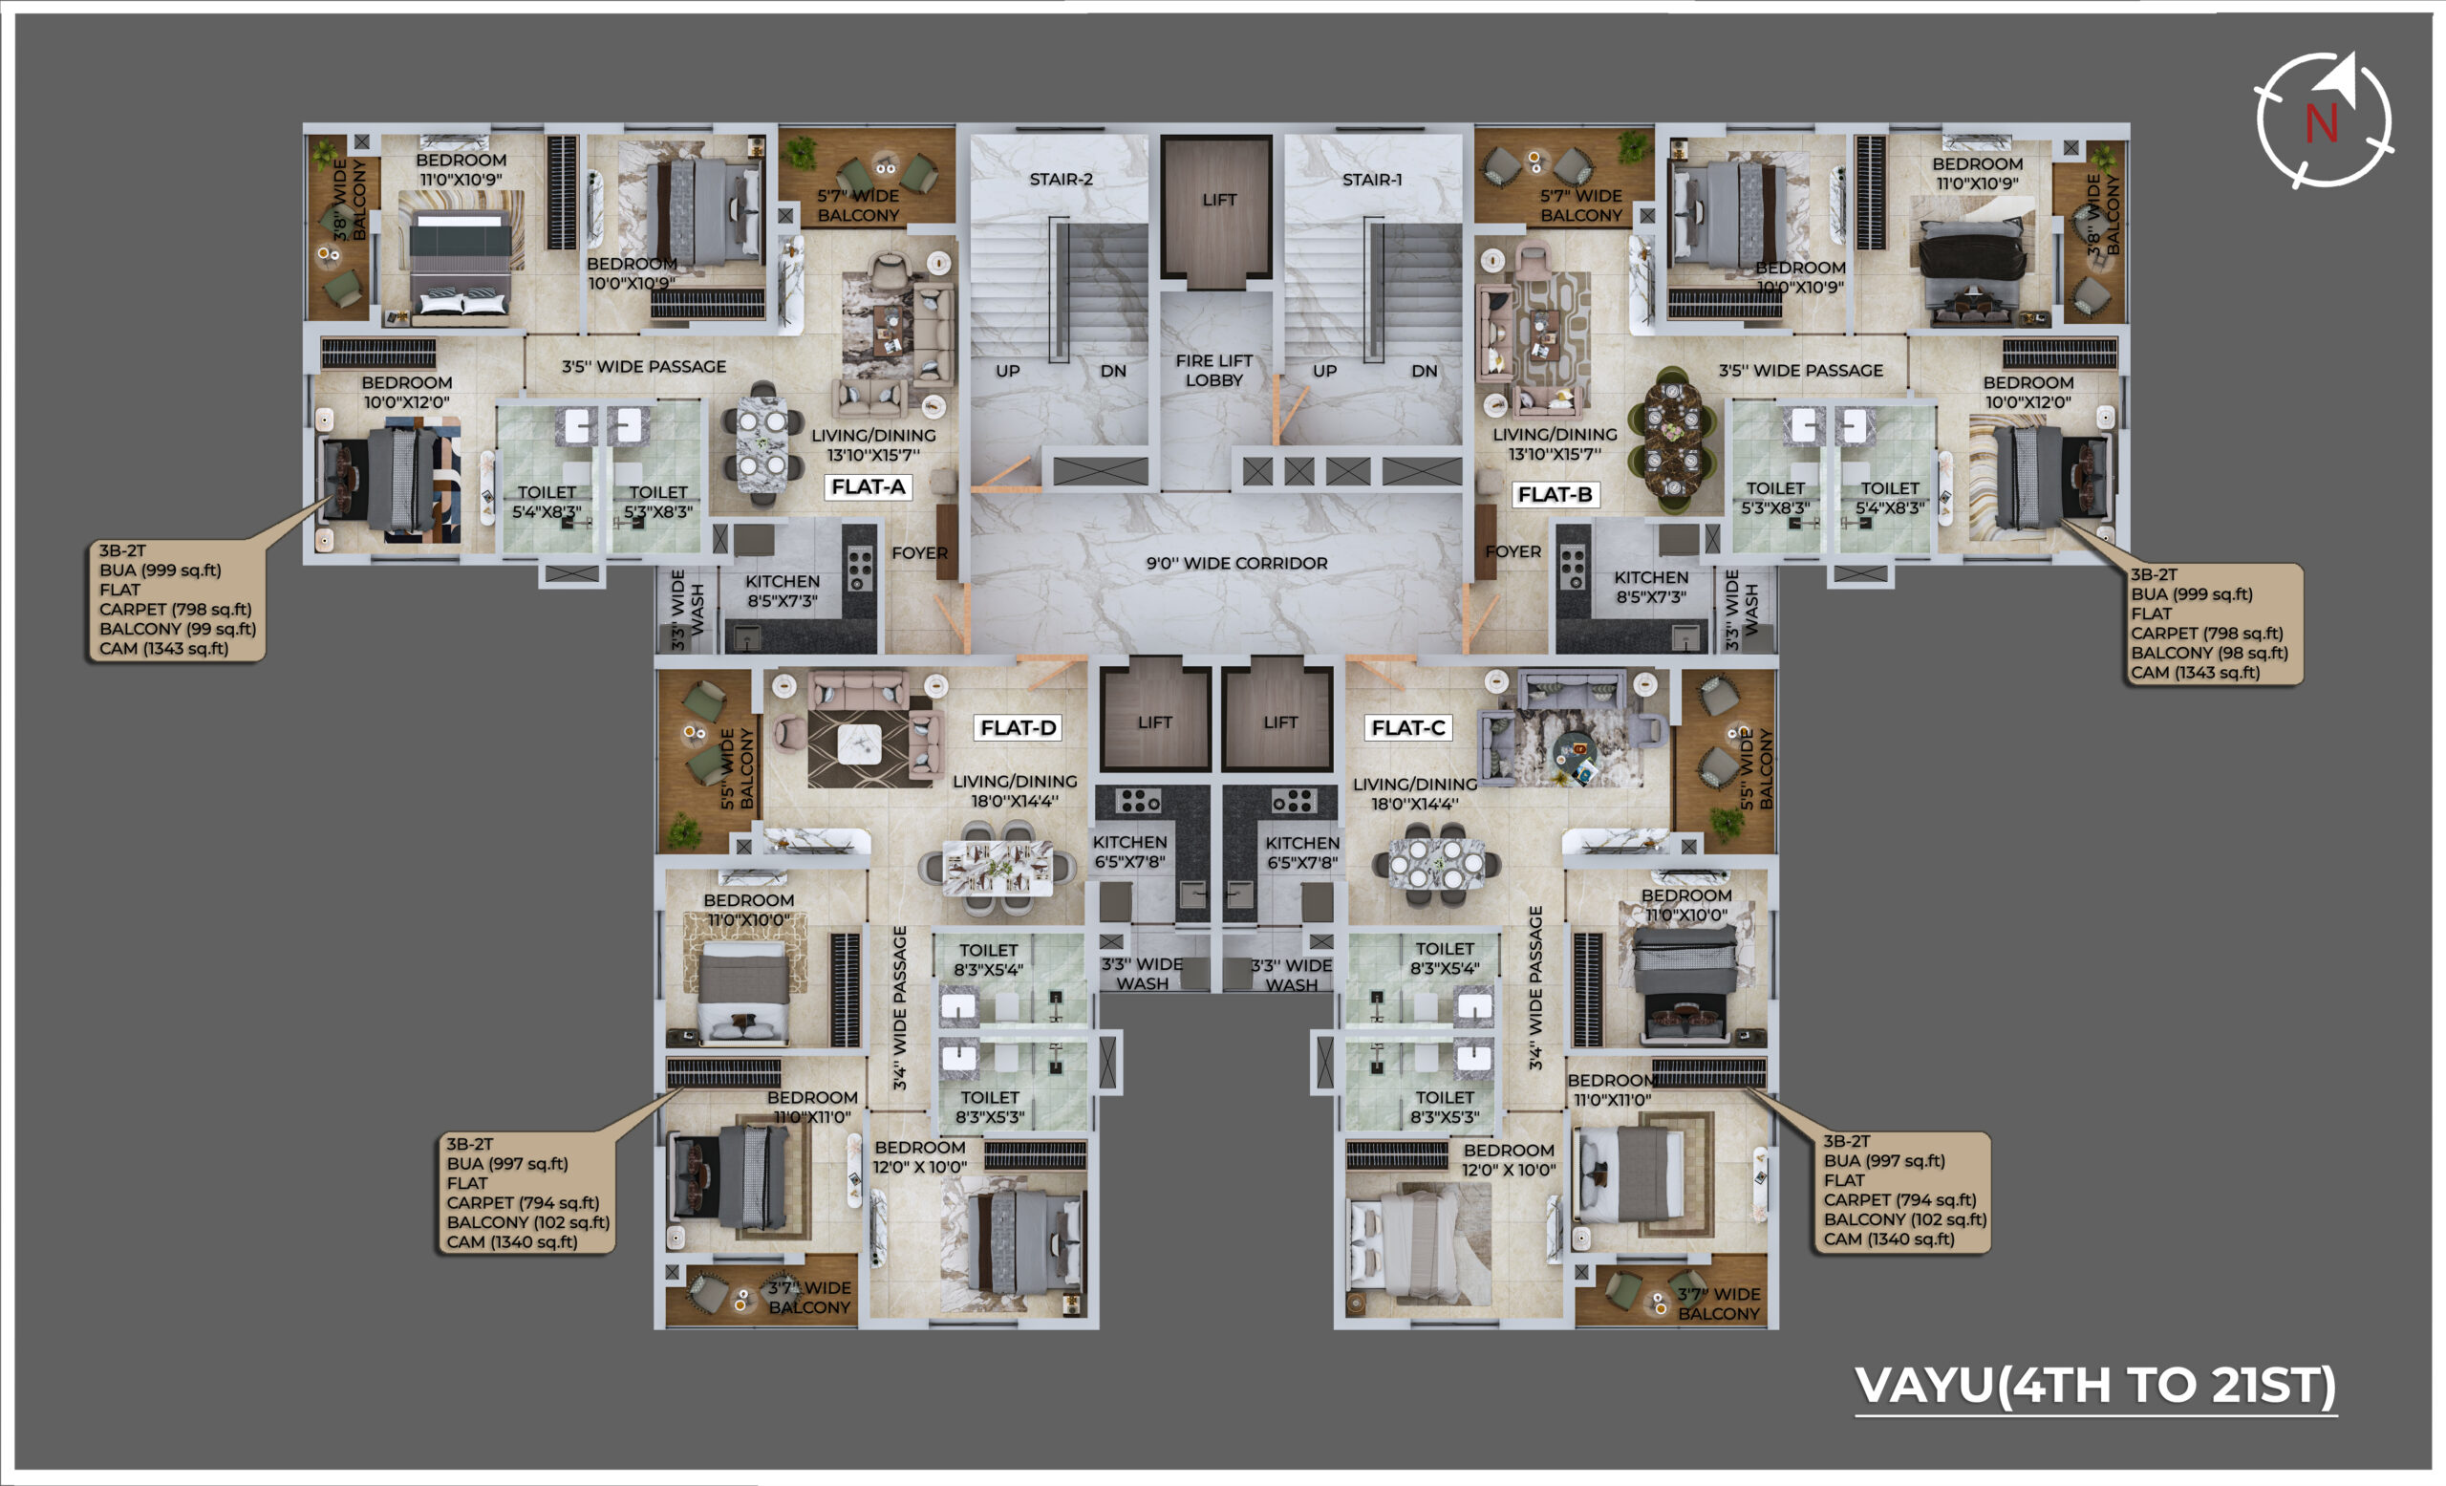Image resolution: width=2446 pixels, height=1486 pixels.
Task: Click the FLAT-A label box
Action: point(868,486)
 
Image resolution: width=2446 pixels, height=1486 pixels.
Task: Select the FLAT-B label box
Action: point(1555,494)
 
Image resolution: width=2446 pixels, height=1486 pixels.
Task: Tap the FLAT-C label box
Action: point(1407,727)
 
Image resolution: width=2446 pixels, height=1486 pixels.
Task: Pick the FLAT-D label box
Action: point(1018,727)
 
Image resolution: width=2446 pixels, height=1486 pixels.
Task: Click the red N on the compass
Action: point(2321,124)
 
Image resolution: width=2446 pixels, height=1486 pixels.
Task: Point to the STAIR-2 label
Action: point(1061,180)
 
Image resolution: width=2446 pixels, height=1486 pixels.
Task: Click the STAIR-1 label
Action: point(1372,180)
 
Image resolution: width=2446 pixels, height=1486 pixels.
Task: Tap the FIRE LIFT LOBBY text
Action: point(1214,370)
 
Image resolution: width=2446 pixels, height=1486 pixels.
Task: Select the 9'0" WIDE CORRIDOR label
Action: point(1236,563)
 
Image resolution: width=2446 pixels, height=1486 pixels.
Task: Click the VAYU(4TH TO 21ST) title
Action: point(2095,1385)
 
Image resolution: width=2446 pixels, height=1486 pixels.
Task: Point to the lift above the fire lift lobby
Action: point(1218,206)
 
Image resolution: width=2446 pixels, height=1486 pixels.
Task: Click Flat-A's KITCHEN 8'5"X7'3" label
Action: point(783,591)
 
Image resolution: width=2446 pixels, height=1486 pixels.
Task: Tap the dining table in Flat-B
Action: point(1674,438)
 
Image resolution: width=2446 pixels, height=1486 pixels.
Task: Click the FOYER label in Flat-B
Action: point(1513,552)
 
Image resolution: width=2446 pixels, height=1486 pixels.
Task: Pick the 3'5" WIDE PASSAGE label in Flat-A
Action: point(643,366)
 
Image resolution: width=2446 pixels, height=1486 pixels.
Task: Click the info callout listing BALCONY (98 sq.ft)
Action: point(2213,623)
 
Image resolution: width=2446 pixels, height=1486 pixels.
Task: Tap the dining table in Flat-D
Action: point(998,869)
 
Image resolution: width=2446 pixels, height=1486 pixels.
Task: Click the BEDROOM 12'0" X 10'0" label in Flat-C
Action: point(1508,1159)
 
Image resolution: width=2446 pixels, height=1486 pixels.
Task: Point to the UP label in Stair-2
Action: point(1008,370)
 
